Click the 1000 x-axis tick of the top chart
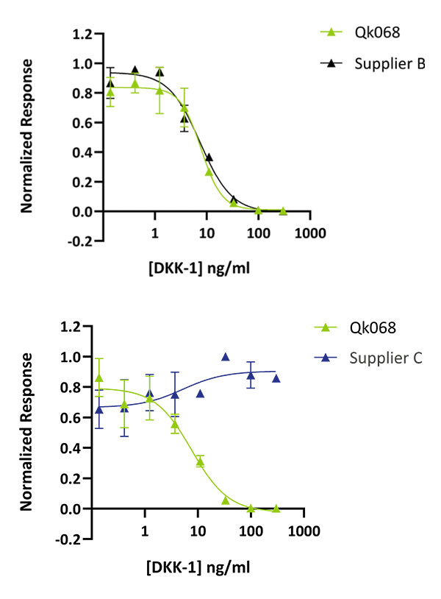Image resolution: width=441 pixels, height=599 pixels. click(309, 234)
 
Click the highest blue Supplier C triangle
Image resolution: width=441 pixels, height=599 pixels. click(226, 357)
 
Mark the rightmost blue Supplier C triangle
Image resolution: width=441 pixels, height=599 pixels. click(276, 378)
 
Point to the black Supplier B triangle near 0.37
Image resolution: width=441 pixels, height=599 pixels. click(209, 157)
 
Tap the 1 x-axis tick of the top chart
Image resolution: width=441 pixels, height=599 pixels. click(155, 234)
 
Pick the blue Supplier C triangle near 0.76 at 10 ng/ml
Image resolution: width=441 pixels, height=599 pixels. click(200, 393)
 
